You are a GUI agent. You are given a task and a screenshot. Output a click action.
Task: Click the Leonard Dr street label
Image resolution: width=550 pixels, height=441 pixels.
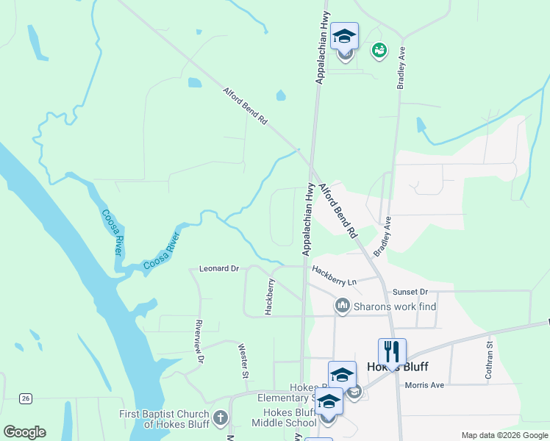coord(219,269)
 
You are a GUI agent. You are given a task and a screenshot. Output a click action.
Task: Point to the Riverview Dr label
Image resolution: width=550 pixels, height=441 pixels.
coord(199,341)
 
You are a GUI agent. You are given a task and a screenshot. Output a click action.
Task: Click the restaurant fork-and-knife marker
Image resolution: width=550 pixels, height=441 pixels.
coord(392,351)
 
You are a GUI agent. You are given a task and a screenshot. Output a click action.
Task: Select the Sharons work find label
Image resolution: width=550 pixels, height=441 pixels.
coord(396,305)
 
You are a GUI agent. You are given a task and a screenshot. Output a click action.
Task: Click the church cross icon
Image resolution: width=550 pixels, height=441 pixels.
coord(220,419)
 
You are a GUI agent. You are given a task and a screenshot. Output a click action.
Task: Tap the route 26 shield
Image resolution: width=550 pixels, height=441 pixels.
coord(26,398)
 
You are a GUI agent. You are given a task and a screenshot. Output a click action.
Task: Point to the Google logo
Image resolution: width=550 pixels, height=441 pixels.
coord(24,432)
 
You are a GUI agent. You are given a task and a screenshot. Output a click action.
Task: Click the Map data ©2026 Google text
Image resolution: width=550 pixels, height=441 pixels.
coord(505,435)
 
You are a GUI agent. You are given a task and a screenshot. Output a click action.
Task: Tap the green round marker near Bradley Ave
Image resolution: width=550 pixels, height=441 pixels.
coord(379,50)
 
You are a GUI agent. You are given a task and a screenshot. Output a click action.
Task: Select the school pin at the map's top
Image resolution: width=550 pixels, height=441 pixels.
coord(344,37)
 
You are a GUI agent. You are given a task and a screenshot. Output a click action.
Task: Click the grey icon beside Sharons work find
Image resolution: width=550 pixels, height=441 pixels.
coord(342,305)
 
